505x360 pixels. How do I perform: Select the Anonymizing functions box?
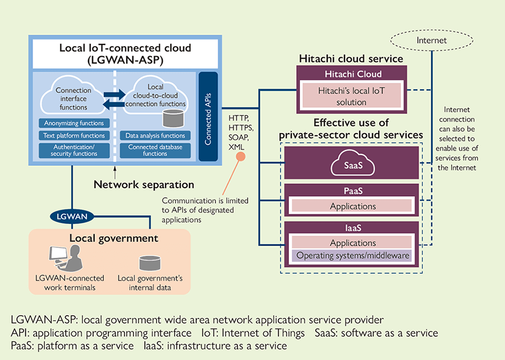tap(73, 123)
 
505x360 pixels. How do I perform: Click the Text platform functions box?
tap(73, 135)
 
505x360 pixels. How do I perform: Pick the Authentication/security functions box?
tap(73, 150)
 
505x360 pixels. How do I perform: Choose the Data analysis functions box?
tap(155, 135)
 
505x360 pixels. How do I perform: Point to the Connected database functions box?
tap(155, 150)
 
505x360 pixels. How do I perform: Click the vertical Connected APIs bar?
tap(208, 116)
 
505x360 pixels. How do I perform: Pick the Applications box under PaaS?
tap(353, 206)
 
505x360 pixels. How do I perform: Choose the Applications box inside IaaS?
tap(353, 243)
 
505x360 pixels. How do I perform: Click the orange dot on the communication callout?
tap(240, 157)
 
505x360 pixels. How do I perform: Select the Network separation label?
tap(144, 184)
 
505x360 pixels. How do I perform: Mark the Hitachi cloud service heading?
tap(351, 58)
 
